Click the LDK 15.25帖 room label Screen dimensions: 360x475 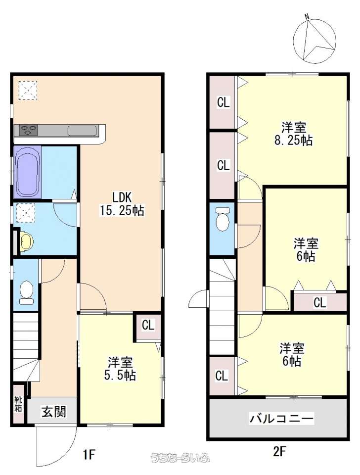[x=122, y=204]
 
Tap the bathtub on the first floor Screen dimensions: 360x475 [x=28, y=172]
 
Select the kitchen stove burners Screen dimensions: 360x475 [x=29, y=130]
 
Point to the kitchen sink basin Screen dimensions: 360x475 [x=82, y=131]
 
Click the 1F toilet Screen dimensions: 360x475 [x=26, y=292]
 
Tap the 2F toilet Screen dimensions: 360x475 [x=223, y=219]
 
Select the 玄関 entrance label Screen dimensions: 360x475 [x=53, y=411]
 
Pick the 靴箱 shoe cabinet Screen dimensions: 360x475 [x=18, y=404]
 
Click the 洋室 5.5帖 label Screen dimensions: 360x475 [x=120, y=369]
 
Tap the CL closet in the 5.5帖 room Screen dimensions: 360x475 [x=148, y=327]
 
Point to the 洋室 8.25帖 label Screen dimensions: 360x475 [x=293, y=134]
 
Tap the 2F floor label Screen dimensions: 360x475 [x=279, y=452]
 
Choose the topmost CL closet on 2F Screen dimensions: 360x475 [x=223, y=102]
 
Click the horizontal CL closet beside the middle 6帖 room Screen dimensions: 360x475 [x=320, y=302]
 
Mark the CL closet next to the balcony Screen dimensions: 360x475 [x=222, y=376]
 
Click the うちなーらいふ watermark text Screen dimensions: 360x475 [x=180, y=457]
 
